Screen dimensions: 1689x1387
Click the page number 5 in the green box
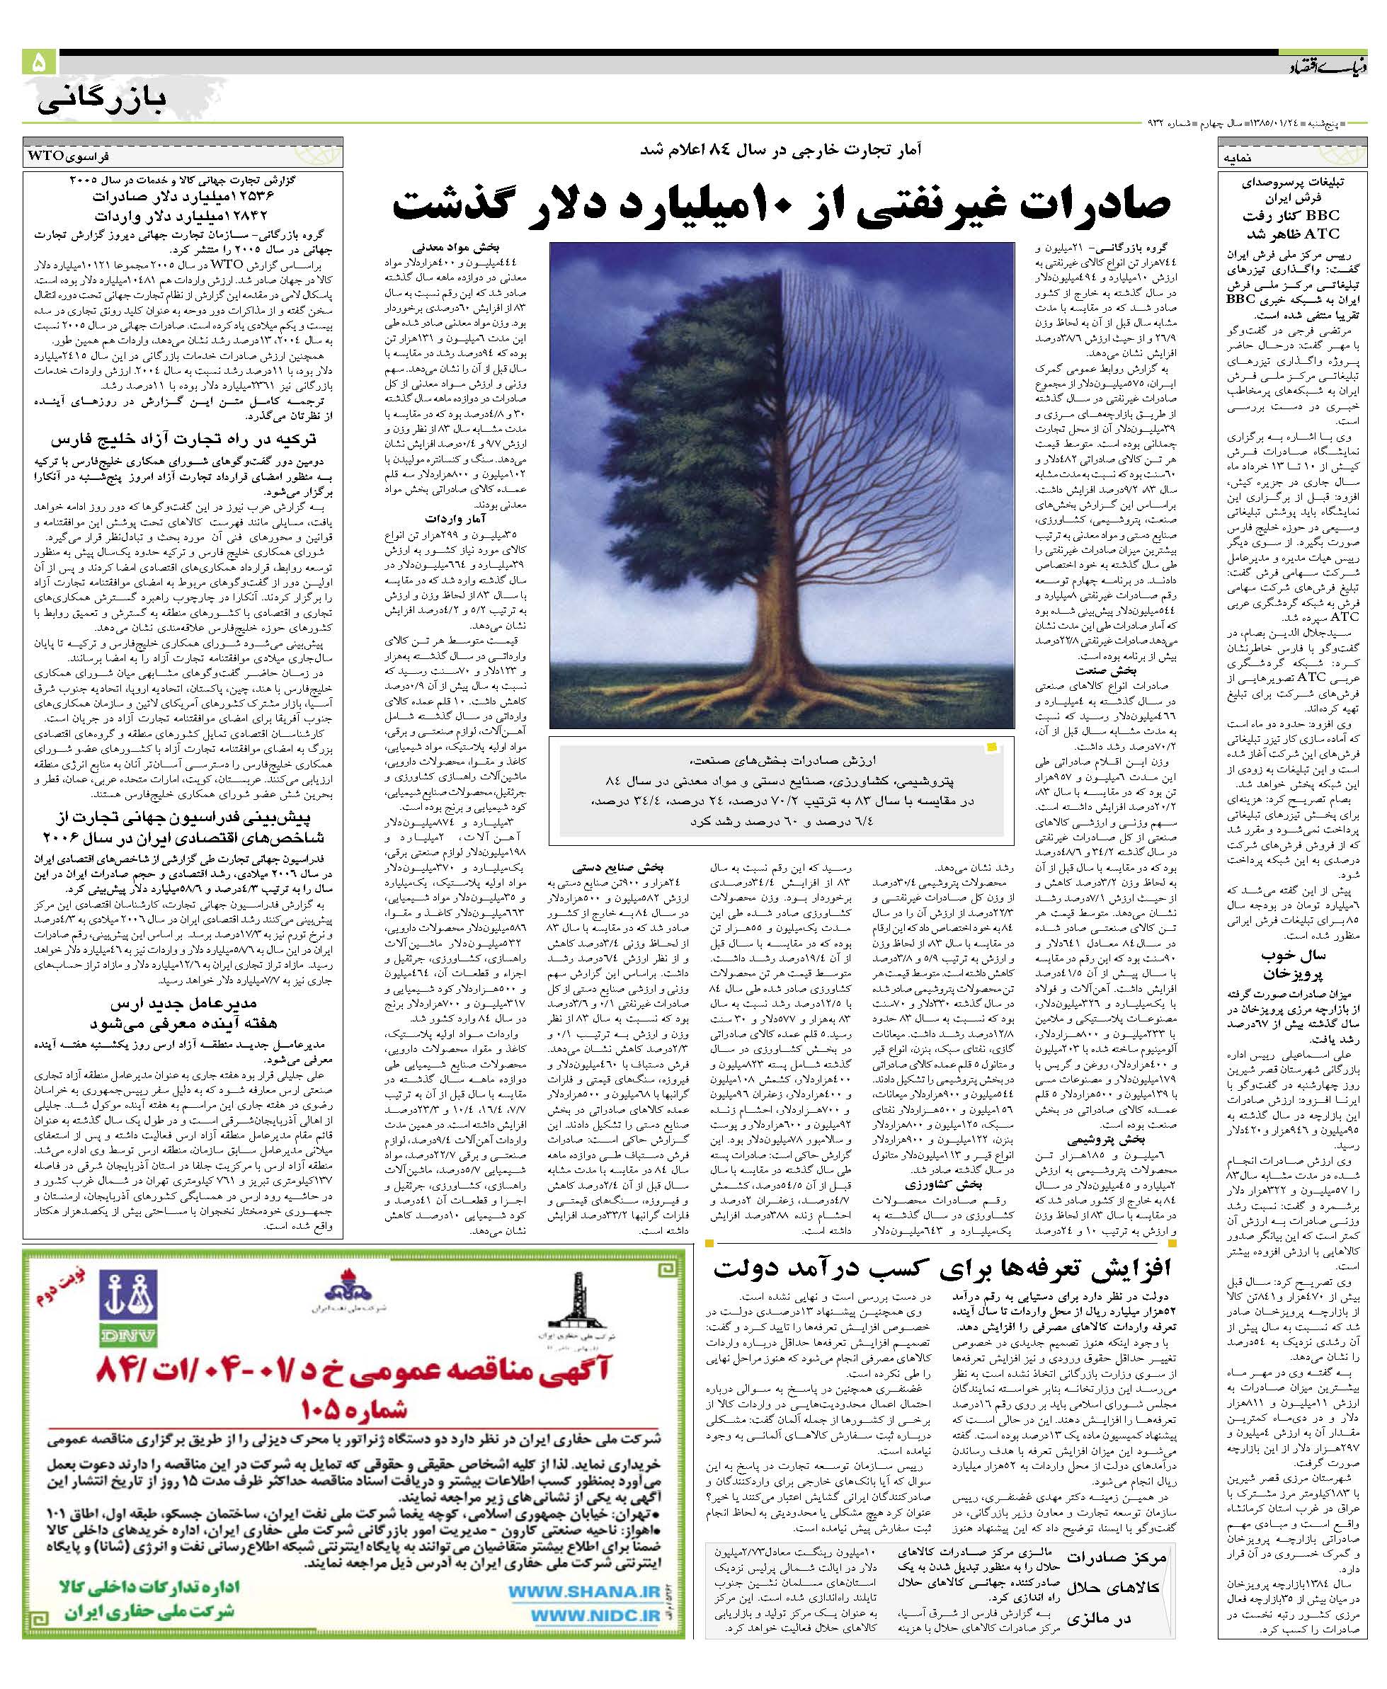tap(38, 63)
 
